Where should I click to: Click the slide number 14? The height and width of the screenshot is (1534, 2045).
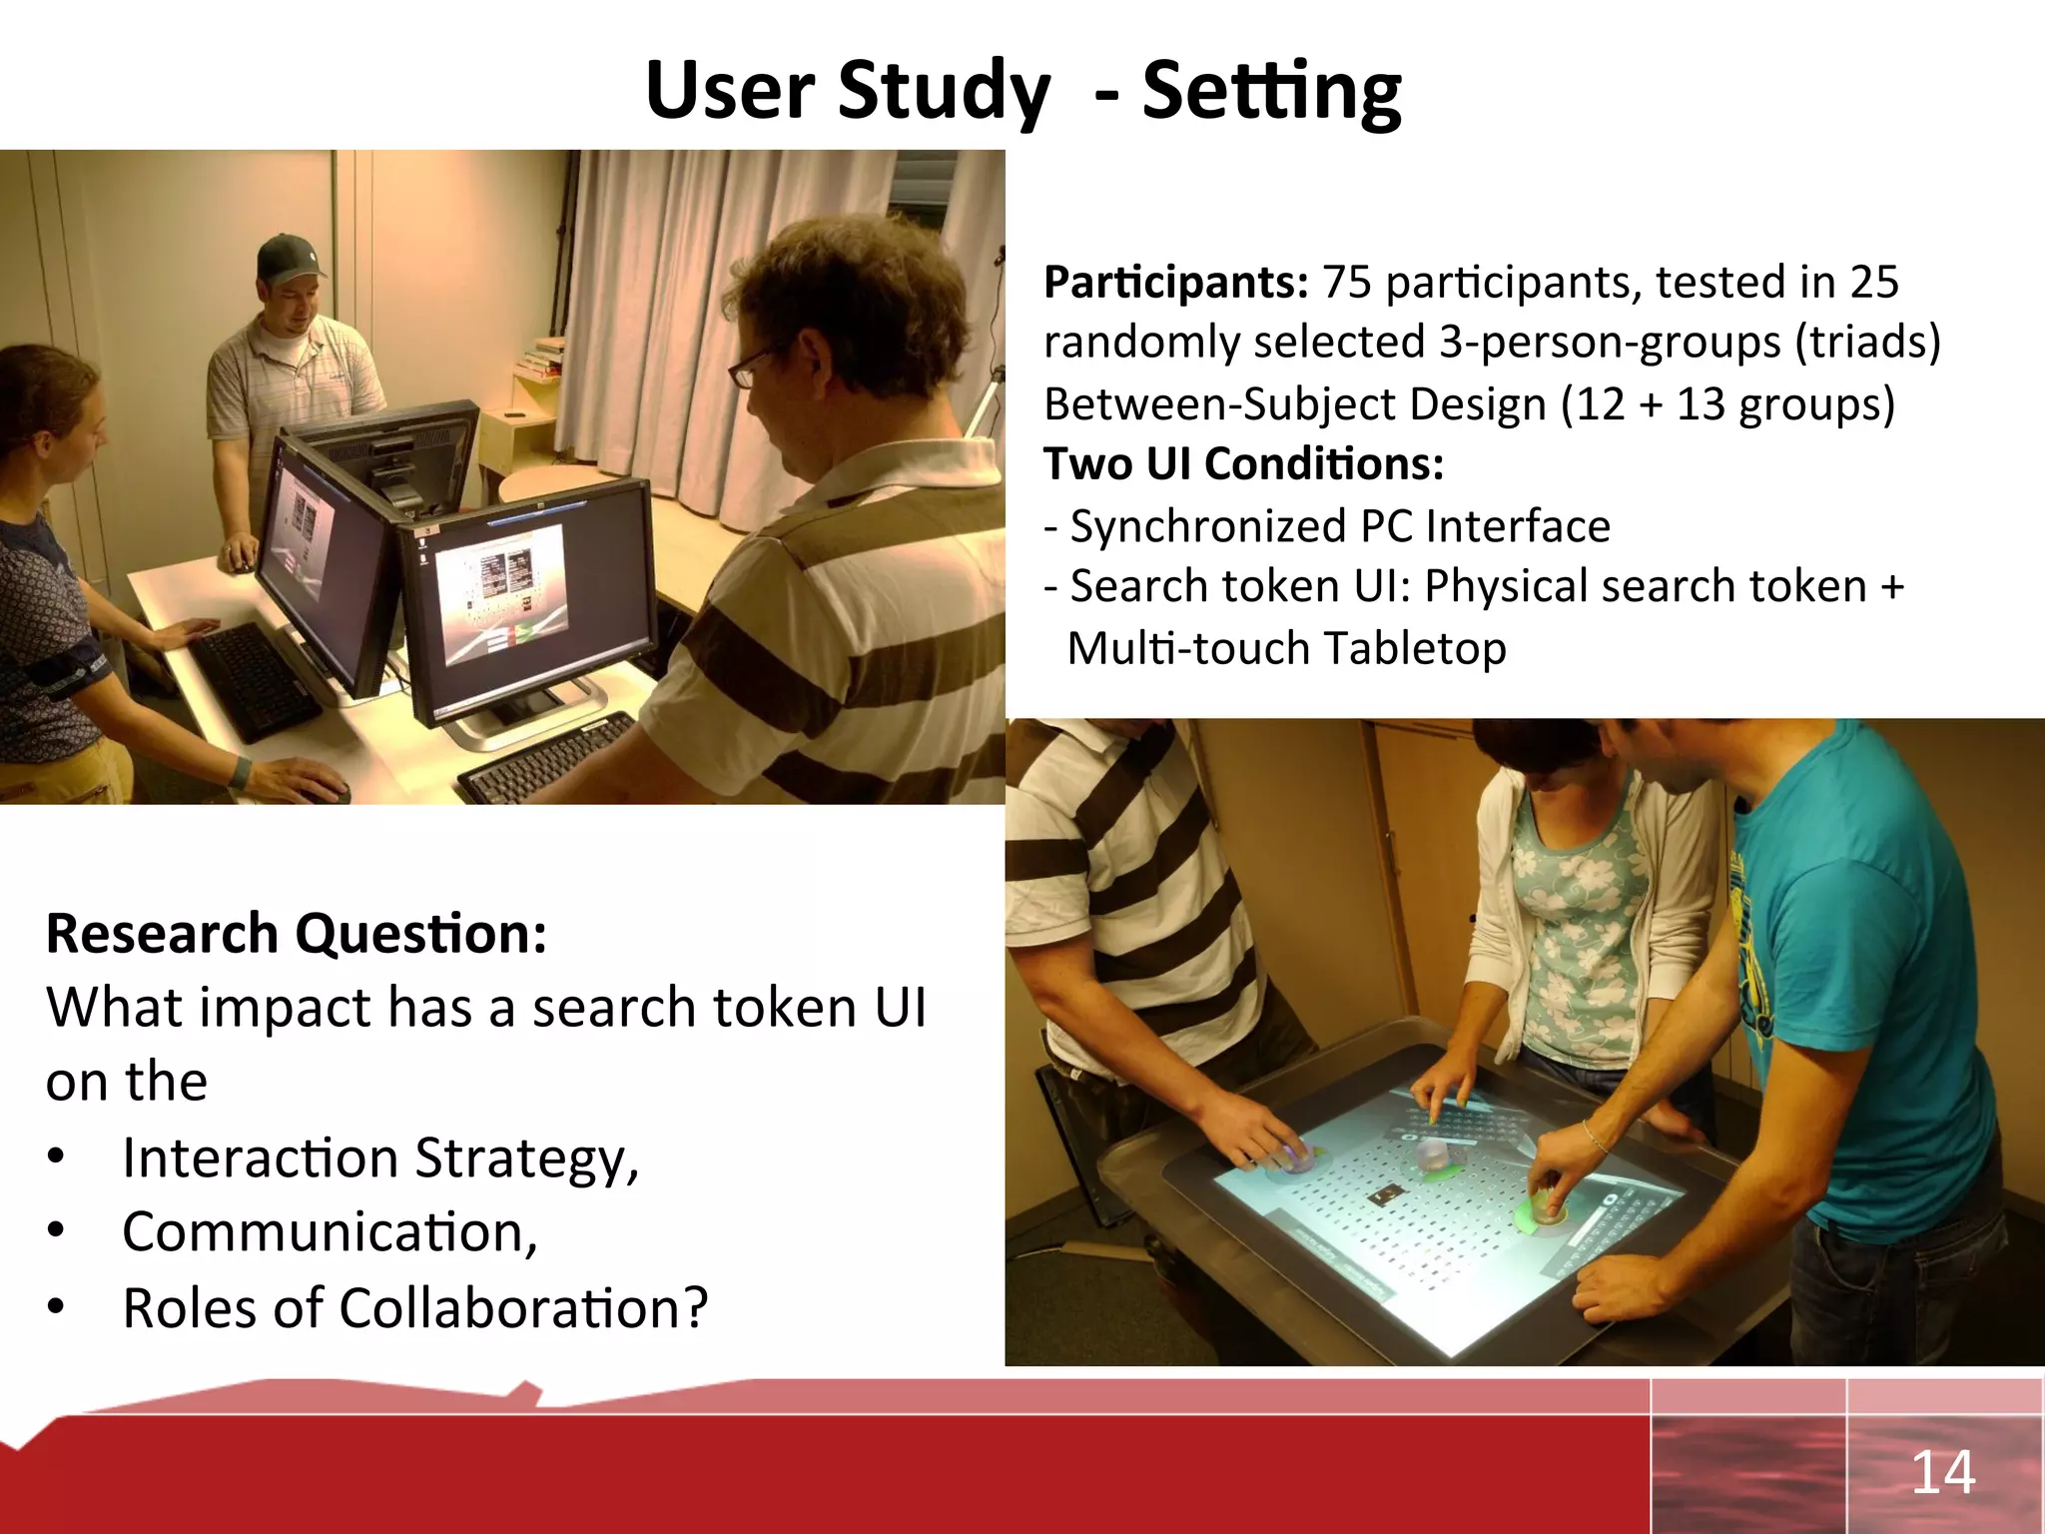coord(1942,1472)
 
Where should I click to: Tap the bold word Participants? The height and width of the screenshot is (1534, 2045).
coord(1175,283)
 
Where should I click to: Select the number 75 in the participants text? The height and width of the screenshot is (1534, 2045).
coord(1347,283)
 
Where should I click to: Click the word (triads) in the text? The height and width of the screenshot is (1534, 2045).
coord(1867,343)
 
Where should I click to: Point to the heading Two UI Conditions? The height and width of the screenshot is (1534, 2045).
coord(1243,464)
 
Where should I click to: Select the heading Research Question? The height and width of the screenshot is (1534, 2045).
coord(297,934)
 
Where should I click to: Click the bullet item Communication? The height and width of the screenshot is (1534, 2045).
coord(330,1232)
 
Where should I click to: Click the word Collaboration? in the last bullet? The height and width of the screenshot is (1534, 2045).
coord(523,1308)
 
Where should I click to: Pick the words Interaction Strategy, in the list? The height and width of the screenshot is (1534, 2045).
coord(379,1158)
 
